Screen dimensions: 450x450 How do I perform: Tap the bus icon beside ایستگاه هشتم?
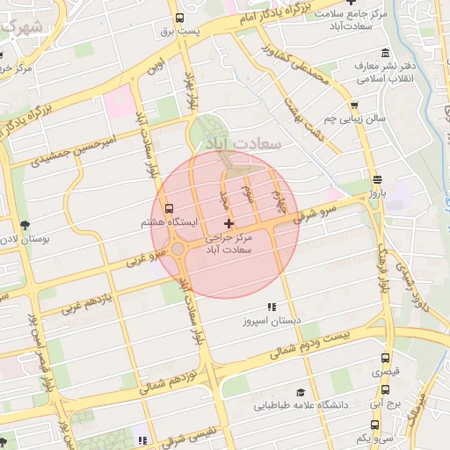coord(168,208)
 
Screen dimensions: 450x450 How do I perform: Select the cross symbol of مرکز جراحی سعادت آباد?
coord(229,224)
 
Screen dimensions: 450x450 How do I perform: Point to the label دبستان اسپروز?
coord(272,321)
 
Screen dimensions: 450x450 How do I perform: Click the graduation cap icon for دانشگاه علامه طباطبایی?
coord(301,393)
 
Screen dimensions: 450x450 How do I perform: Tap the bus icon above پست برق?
coord(180,18)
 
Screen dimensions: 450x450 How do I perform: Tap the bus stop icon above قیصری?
coord(386,359)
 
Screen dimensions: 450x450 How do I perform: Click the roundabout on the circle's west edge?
coord(178,249)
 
